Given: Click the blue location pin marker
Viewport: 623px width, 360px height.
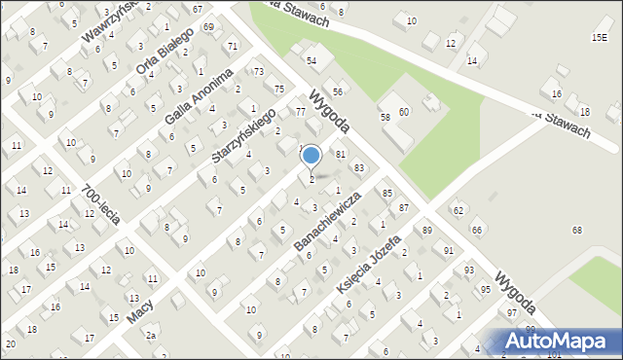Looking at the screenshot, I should (311, 156).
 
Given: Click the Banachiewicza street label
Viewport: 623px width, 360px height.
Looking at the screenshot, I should (327, 221).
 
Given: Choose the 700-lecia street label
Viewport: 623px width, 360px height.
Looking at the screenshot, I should (101, 204).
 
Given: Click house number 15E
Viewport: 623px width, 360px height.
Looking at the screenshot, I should (599, 37).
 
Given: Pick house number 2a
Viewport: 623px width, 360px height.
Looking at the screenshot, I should (151, 336).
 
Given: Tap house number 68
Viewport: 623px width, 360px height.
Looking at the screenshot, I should (576, 230).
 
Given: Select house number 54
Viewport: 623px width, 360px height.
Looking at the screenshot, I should (311, 60).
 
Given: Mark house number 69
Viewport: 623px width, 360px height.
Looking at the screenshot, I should (209, 26).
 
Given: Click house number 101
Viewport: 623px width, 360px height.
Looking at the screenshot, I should (555, 354).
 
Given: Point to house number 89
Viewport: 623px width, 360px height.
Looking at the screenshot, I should (426, 230).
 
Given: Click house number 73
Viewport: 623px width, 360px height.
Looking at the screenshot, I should (258, 72).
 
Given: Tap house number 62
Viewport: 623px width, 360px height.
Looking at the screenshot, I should (458, 210).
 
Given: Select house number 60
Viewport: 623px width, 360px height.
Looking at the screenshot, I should (403, 112).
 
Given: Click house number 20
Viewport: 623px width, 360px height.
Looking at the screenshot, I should (10, 343).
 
